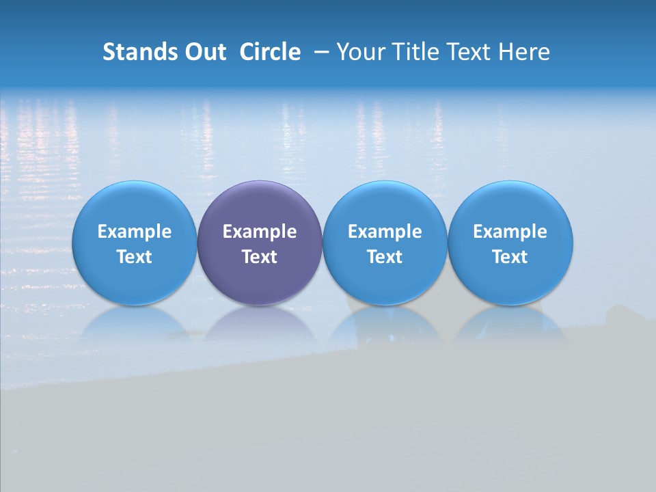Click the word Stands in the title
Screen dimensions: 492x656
[139, 52]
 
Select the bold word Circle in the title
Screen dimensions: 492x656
[270, 52]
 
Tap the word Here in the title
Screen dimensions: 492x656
[523, 52]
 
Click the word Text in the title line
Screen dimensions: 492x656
[468, 52]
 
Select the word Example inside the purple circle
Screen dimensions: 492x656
[260, 232]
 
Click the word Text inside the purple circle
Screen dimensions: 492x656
[260, 257]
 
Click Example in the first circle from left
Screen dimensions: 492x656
[135, 232]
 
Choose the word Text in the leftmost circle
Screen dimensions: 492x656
[135, 257]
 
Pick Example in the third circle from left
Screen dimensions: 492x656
[385, 232]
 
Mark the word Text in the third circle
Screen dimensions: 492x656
[385, 257]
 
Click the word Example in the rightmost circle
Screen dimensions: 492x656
[510, 232]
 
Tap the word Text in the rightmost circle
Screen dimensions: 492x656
[510, 257]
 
